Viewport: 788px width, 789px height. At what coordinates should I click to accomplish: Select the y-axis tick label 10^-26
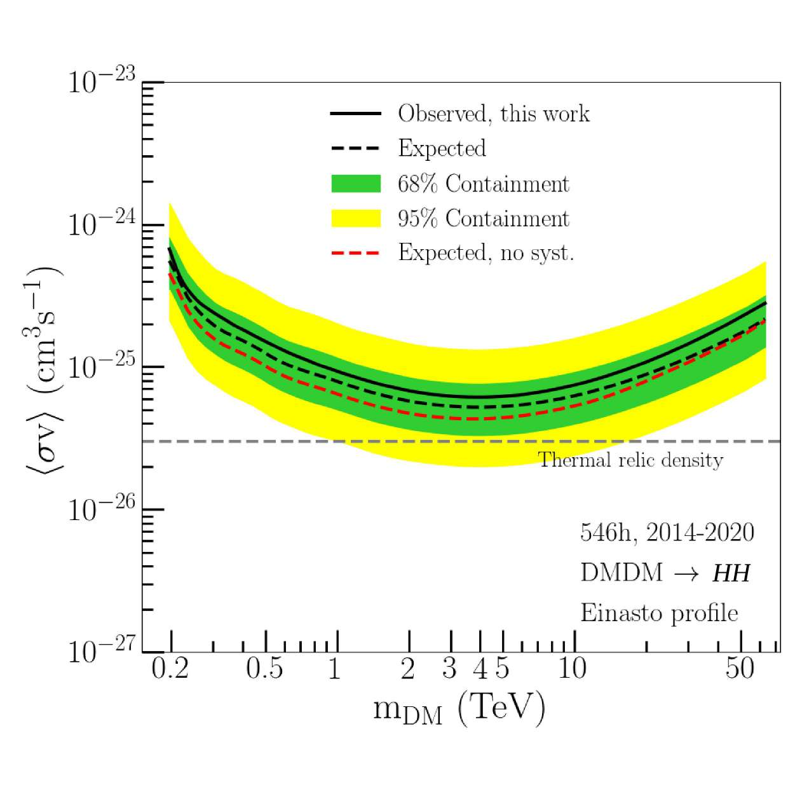(102, 509)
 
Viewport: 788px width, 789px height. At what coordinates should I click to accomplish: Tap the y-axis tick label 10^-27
(102, 650)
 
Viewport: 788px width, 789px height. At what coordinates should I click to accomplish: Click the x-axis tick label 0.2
(170, 669)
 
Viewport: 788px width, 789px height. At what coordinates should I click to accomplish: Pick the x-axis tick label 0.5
(264, 669)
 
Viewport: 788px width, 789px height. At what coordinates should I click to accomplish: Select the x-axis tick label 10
(572, 669)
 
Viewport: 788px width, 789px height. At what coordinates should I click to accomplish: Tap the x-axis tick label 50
(740, 669)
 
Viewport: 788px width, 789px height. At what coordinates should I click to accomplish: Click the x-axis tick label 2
(407, 669)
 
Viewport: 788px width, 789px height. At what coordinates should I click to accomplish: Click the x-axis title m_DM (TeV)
(459, 708)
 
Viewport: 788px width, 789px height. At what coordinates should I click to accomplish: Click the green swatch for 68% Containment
(356, 184)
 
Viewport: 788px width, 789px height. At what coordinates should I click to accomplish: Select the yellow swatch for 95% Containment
(356, 218)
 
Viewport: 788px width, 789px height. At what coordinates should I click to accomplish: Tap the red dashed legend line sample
(356, 253)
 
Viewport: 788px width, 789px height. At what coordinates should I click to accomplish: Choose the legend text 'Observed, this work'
(493, 114)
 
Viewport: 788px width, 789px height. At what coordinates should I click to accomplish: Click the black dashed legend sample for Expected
(356, 149)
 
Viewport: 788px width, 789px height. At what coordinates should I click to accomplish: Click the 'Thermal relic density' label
(630, 460)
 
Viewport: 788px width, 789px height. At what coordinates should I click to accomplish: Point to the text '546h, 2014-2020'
(667, 533)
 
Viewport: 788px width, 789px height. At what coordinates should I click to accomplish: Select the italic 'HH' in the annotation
(731, 573)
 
